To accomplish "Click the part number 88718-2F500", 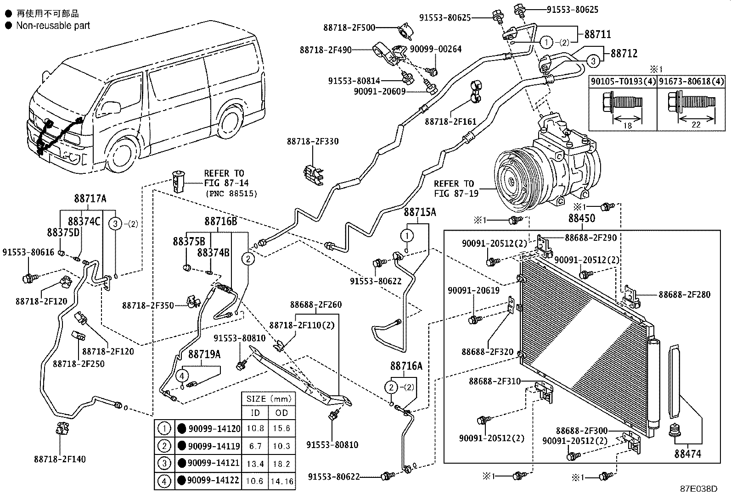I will (x=349, y=28).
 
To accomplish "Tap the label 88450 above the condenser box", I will (x=581, y=218).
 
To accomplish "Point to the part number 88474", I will (x=687, y=454).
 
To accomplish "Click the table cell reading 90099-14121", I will (x=214, y=463).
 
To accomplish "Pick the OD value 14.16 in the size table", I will (x=282, y=481).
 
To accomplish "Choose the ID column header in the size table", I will (x=255, y=413).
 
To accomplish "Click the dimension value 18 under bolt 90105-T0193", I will (x=628, y=125).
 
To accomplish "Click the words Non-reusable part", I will (x=53, y=26).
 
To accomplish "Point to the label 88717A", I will (x=90, y=199).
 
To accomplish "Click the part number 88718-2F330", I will (x=313, y=142).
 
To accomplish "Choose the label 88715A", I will (x=420, y=212).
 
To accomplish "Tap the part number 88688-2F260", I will (x=315, y=305).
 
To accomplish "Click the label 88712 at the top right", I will (x=624, y=54).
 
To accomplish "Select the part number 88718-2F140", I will (x=60, y=459).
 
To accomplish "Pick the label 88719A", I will (x=204, y=354).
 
